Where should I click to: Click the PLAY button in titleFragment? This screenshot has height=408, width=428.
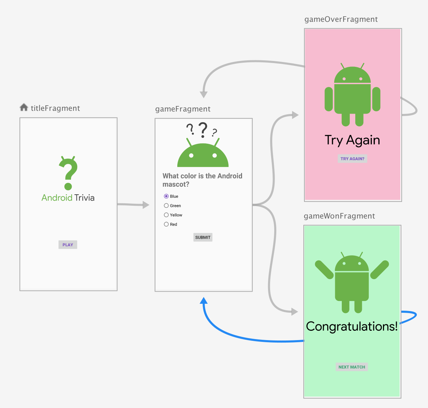[68, 245]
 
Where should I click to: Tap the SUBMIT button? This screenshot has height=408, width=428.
[203, 237]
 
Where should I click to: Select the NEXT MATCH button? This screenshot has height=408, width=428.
[352, 367]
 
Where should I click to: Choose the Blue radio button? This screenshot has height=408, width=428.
[166, 196]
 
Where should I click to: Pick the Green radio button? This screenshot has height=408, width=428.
[166, 205]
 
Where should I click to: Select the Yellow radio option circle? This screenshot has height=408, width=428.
[166, 215]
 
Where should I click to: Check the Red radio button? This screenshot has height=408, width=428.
[166, 224]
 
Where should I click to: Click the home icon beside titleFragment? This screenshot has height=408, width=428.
[24, 107]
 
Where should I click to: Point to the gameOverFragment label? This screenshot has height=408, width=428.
[341, 19]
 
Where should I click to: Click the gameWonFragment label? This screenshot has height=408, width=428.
[339, 216]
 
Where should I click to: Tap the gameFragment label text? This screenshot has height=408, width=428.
[183, 109]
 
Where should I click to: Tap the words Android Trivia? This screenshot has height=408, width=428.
[68, 198]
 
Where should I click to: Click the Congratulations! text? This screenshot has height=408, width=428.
[352, 326]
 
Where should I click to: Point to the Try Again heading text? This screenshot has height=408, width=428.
[353, 140]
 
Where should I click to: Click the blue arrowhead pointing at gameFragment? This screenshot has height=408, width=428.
[204, 301]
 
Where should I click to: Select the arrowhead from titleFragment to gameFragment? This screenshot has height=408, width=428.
[146, 205]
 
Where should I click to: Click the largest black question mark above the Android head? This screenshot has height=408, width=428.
[203, 130]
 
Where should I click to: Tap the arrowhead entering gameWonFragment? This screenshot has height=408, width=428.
[294, 312]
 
